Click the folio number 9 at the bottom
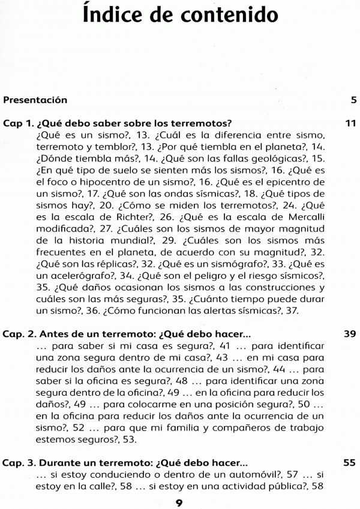pyautogui.click(x=179, y=502)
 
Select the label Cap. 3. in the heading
pyautogui.click(x=20, y=463)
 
